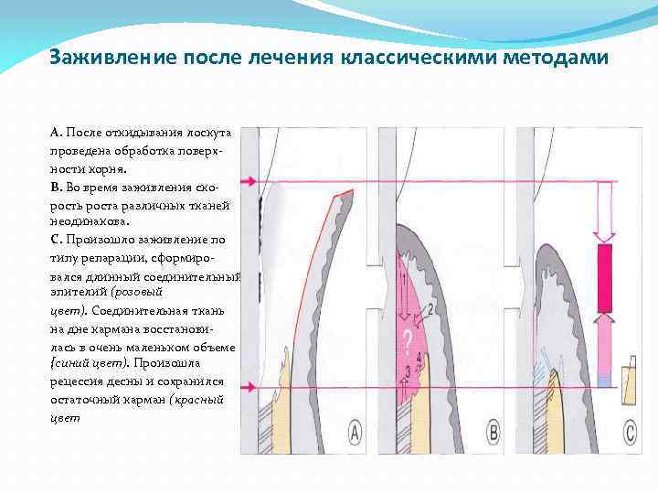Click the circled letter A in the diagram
point(355,431)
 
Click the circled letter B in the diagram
point(494,431)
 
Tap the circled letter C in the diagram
point(631,431)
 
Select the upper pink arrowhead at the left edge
point(246,182)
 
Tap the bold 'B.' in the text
point(57,187)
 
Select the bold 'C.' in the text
point(57,239)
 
